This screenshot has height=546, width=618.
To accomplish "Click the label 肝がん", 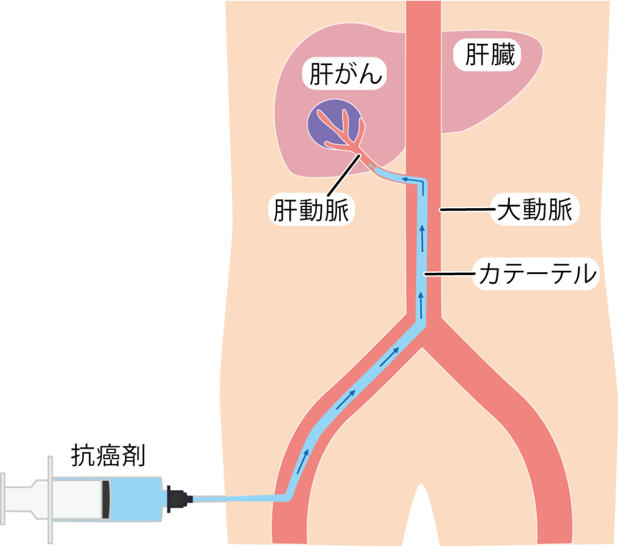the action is pos(346,74).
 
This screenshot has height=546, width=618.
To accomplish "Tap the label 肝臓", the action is pos(490,54).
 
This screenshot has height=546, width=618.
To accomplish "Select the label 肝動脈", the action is pos(311,210).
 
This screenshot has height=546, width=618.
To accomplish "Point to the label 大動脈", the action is pos(535,209).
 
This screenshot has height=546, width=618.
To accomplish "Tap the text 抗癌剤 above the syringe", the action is pos(109,456).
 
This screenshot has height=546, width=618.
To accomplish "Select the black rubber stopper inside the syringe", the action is pos(106,499).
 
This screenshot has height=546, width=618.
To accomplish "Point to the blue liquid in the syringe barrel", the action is pos(136,499).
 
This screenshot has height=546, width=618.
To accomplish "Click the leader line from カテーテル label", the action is pos(451,273).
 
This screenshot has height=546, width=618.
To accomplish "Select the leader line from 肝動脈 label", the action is pos(343,175).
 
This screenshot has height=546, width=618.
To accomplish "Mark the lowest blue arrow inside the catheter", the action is pos(302,462).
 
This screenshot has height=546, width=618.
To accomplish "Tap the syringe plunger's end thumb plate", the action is pos(3,499).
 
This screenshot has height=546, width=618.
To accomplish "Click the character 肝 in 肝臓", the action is pos(477,54).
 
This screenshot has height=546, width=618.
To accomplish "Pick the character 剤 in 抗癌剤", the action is pos(133,456).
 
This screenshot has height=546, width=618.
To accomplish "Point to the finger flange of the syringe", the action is pos(50,500).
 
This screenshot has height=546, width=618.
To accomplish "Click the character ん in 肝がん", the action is pos(371,74).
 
